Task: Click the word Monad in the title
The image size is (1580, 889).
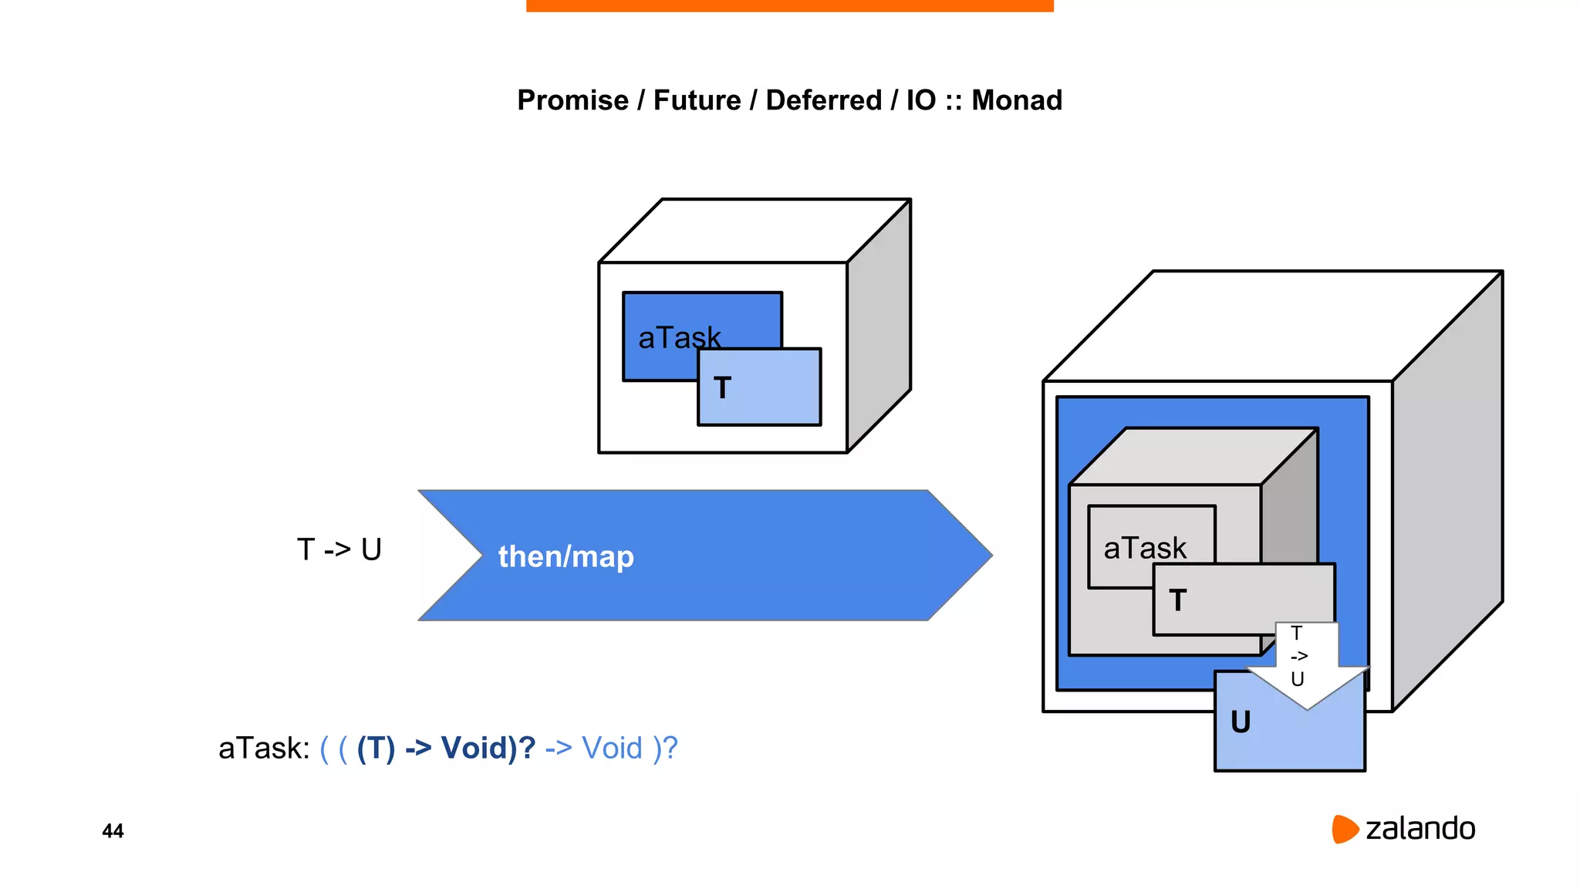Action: point(1016,100)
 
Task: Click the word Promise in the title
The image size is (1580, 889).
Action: point(572,100)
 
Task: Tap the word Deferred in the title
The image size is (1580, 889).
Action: point(823,100)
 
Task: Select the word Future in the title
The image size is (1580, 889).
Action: point(697,100)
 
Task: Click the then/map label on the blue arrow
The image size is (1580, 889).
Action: point(565,556)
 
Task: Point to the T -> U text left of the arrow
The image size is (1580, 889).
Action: point(339,549)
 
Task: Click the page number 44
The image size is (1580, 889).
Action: point(113,831)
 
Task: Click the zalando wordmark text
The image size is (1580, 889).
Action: point(1420,829)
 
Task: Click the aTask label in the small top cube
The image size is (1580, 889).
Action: point(679,337)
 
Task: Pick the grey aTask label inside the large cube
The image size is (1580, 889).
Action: point(1145,548)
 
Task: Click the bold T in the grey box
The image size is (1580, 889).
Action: point(1177,600)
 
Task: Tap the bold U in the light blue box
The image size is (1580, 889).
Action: point(1241,722)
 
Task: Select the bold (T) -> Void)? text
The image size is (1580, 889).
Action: point(446,748)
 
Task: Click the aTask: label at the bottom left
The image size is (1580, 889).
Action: point(264,748)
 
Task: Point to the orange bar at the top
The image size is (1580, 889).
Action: point(789,5)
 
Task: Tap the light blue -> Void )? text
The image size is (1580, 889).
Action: point(611,748)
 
